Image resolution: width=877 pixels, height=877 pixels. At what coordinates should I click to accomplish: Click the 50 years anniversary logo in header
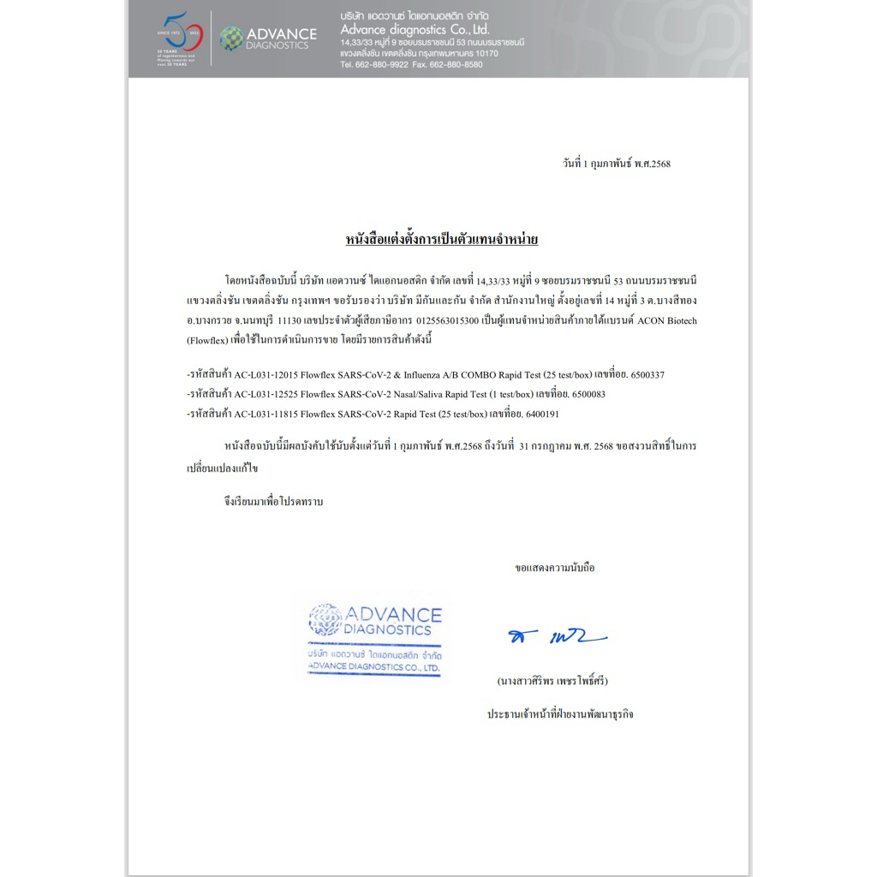click(x=177, y=38)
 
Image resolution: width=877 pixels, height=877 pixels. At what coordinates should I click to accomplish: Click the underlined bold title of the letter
click(x=441, y=239)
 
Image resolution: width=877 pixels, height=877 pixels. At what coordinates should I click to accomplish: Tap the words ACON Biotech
click(x=667, y=321)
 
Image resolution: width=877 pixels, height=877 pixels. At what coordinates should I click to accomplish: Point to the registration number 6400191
click(x=542, y=414)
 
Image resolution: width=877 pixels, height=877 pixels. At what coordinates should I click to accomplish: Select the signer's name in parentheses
click(x=552, y=681)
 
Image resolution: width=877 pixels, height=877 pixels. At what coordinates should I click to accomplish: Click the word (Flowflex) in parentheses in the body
click(x=207, y=340)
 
